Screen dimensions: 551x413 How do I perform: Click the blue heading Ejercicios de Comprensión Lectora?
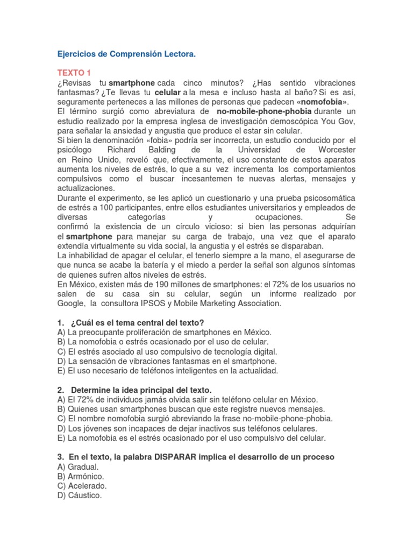[x=127, y=55]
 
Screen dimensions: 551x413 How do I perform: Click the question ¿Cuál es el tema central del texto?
[x=137, y=323]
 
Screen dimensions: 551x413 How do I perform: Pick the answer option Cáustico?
[x=85, y=496]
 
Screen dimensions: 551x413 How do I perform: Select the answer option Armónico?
[x=86, y=476]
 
